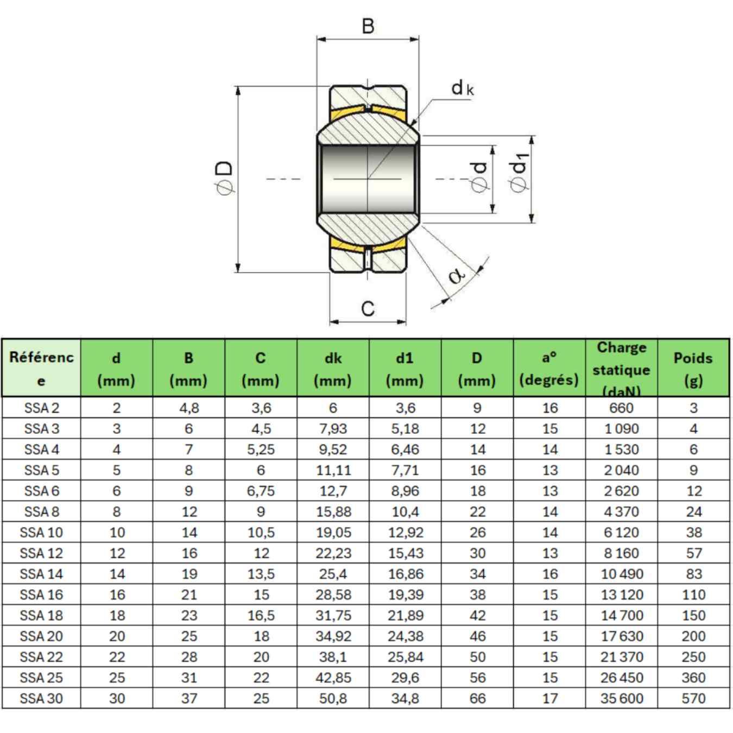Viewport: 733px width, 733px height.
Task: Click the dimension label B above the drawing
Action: point(368,26)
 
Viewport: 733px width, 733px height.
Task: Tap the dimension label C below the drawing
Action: point(368,308)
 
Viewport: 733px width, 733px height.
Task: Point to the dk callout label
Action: point(462,88)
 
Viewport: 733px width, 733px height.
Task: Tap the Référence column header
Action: point(41,368)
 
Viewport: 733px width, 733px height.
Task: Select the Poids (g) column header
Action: point(693,368)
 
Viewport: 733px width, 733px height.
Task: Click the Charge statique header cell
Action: point(622,368)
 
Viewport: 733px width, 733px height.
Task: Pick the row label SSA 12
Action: point(41,553)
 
